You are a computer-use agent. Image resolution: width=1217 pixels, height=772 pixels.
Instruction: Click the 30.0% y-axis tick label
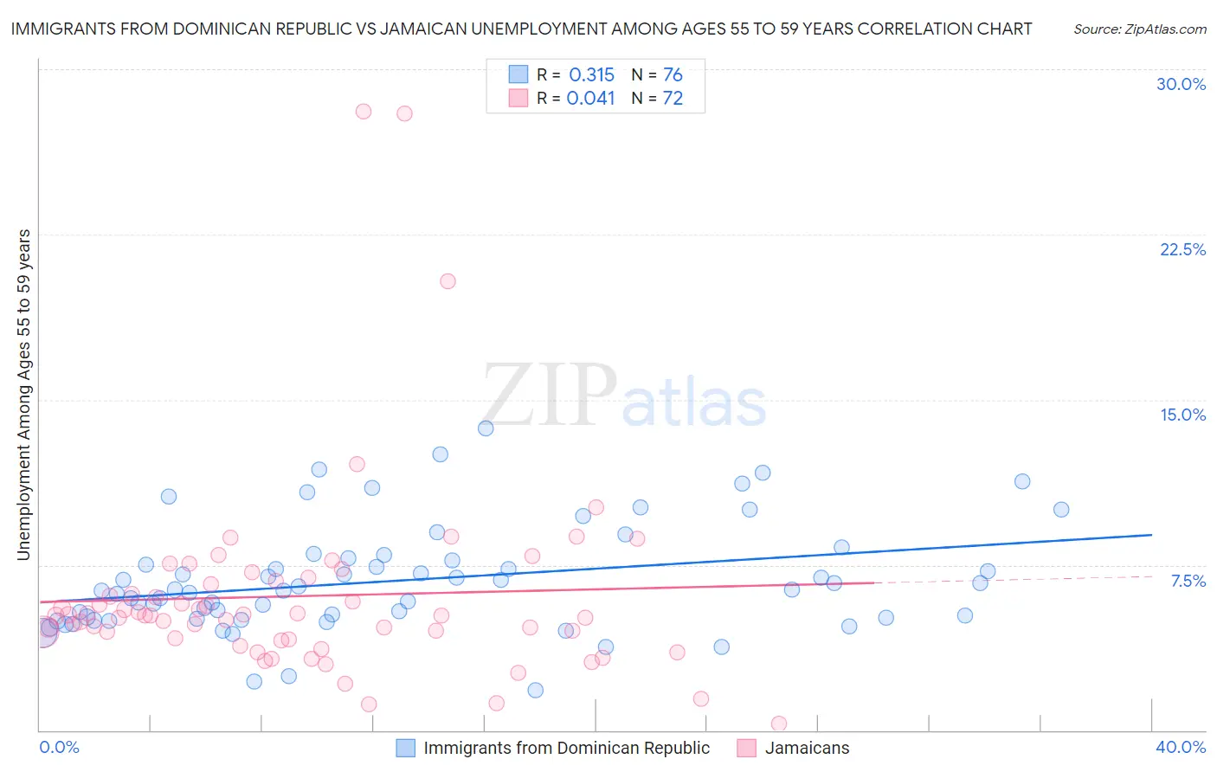1181,84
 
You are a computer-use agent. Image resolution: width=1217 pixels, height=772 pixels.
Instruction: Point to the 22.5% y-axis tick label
1182,249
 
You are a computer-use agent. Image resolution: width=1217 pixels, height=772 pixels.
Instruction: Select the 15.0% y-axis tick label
1182,415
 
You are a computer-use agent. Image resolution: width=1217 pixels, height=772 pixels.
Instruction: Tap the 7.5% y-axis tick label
1188,581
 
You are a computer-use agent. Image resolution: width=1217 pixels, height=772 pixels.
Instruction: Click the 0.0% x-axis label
59,747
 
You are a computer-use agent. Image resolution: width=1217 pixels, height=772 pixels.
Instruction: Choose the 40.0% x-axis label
1180,747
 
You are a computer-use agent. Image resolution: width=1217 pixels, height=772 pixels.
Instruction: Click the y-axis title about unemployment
23,395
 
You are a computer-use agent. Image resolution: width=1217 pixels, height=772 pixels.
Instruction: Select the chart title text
521,29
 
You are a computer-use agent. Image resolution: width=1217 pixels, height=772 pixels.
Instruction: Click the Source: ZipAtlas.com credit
1139,29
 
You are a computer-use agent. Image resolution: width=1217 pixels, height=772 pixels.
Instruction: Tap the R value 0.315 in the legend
591,75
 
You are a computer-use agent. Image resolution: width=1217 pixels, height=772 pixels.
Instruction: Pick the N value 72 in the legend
673,99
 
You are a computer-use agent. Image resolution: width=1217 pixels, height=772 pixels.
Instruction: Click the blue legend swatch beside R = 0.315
518,74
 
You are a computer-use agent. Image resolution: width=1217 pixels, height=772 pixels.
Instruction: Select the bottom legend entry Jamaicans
807,748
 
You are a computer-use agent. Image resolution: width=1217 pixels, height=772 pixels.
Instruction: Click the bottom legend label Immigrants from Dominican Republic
566,748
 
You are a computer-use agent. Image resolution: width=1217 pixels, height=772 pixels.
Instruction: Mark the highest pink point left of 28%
364,112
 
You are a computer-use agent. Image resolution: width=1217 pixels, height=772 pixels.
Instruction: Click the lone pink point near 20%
448,281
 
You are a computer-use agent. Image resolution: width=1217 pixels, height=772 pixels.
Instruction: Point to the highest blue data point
486,428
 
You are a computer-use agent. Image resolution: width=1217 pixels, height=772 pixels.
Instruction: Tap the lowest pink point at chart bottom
779,724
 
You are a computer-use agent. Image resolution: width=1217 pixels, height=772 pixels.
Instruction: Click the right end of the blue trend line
1151,535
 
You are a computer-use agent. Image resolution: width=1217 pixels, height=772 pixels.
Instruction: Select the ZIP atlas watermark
624,396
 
